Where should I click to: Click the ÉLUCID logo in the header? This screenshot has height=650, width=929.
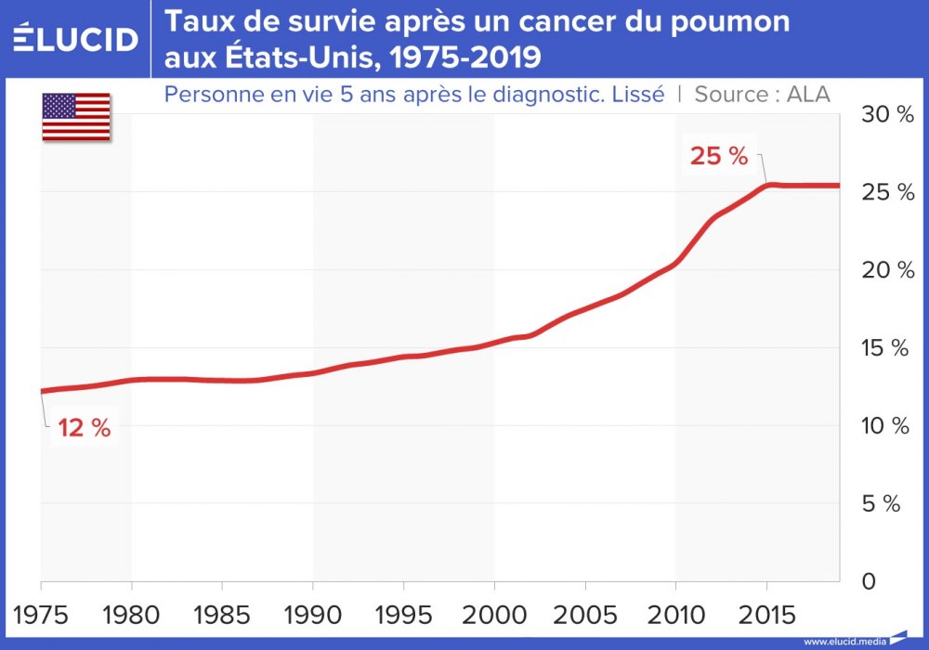[75, 39]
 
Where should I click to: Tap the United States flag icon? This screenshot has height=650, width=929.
[76, 117]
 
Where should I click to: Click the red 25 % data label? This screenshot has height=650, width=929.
[718, 156]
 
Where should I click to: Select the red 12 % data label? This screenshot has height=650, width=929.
[84, 428]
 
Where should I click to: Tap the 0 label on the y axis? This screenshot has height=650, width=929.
[869, 582]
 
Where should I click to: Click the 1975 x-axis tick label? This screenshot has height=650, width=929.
[41, 616]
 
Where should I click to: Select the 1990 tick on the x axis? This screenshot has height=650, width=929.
[312, 616]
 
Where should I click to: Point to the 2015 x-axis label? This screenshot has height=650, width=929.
[765, 616]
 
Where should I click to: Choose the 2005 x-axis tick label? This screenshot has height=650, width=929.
[584, 616]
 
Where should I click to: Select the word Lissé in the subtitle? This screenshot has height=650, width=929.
[637, 94]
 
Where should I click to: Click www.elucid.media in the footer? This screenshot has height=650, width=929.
[844, 641]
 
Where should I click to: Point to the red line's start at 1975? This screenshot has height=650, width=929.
[42, 391]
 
